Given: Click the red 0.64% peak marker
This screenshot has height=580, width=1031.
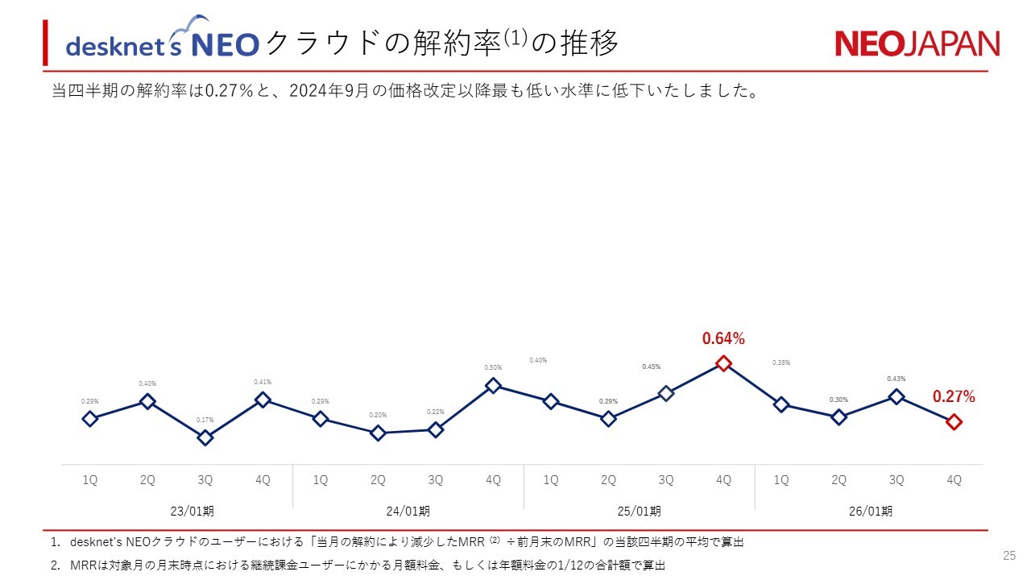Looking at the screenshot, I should pos(723,363).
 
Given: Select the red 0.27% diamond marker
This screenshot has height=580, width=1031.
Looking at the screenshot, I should pos(954,421).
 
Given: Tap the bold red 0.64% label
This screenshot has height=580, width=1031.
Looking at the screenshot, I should pos(723,339).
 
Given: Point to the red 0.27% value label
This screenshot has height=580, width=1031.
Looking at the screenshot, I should pos(954,396).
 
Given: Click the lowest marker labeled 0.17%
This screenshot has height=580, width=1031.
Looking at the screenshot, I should pos(205,437).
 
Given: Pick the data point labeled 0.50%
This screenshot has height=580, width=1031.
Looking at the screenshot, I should pos(493,386).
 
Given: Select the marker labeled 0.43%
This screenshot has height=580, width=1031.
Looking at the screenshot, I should pos(896,396).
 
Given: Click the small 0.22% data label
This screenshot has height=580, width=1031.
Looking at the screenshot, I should pos(436,412).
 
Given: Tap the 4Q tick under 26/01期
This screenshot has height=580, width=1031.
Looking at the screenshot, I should pos(954,480).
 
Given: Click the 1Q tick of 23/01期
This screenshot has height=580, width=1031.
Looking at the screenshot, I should pos(90,480).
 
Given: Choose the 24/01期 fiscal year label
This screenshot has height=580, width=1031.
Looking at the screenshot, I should pos(408,511).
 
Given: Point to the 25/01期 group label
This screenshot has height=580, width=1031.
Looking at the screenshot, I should pos(639,511).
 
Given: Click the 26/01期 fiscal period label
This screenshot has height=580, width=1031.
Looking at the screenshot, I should pos(870,511).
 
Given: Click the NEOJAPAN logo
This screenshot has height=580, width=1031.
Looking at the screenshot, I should pos(917,43).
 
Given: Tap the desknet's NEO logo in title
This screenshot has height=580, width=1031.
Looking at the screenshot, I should pos(161,42).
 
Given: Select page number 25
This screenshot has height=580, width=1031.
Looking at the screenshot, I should pos(1009,555).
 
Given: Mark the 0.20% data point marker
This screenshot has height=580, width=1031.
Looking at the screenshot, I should pos(378,433).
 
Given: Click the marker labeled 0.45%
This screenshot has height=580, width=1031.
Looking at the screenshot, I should pos(666,393).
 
